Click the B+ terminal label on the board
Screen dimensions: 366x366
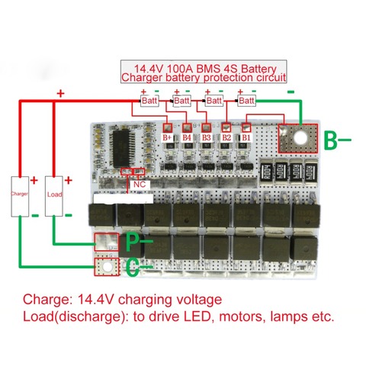168,137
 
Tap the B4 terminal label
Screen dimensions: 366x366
188,137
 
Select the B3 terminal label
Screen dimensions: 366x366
207,137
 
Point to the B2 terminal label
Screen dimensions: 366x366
226,137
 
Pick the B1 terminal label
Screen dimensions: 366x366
246,137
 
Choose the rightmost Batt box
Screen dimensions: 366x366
246,101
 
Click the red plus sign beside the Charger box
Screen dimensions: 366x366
35,181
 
